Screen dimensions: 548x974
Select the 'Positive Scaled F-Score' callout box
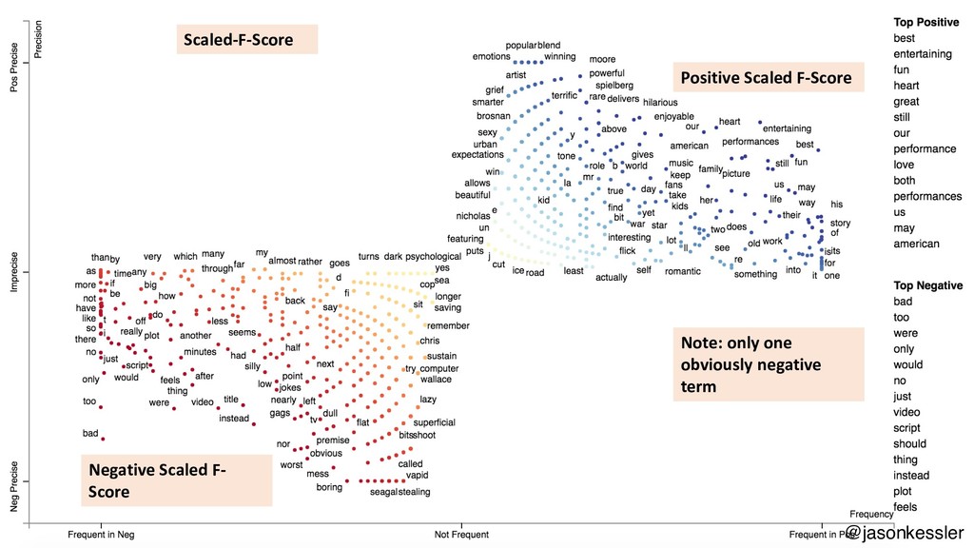tap(767, 78)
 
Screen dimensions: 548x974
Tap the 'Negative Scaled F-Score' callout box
tap(176, 479)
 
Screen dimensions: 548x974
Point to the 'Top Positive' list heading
tap(926, 22)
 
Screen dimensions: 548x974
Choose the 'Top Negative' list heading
tap(928, 285)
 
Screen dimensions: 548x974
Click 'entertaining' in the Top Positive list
tap(923, 54)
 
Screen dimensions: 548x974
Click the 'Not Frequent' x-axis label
tap(461, 536)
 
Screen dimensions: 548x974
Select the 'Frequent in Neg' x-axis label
tap(101, 536)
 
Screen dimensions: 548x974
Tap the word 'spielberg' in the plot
tap(614, 86)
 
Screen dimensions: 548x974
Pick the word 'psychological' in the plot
tap(433, 257)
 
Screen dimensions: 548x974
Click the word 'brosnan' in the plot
tap(494, 117)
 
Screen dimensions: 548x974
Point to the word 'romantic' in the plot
tap(682, 271)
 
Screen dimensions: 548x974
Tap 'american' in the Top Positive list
tap(916, 244)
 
